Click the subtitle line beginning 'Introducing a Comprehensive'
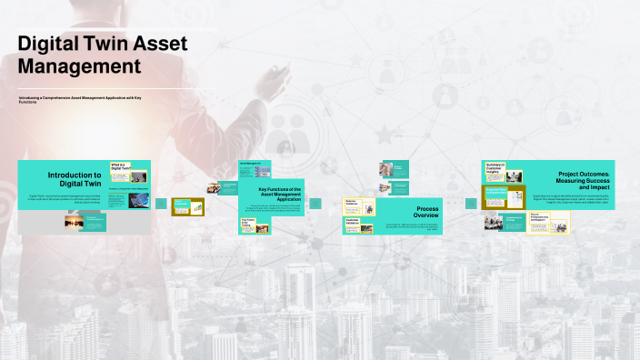[x=86, y=98]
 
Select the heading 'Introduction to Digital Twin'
[x=75, y=178]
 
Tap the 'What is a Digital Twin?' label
[x=121, y=166]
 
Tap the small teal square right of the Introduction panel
[x=161, y=204]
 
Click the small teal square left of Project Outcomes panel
[x=471, y=204]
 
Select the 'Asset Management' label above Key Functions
[x=250, y=164]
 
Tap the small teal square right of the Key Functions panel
[x=315, y=204]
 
